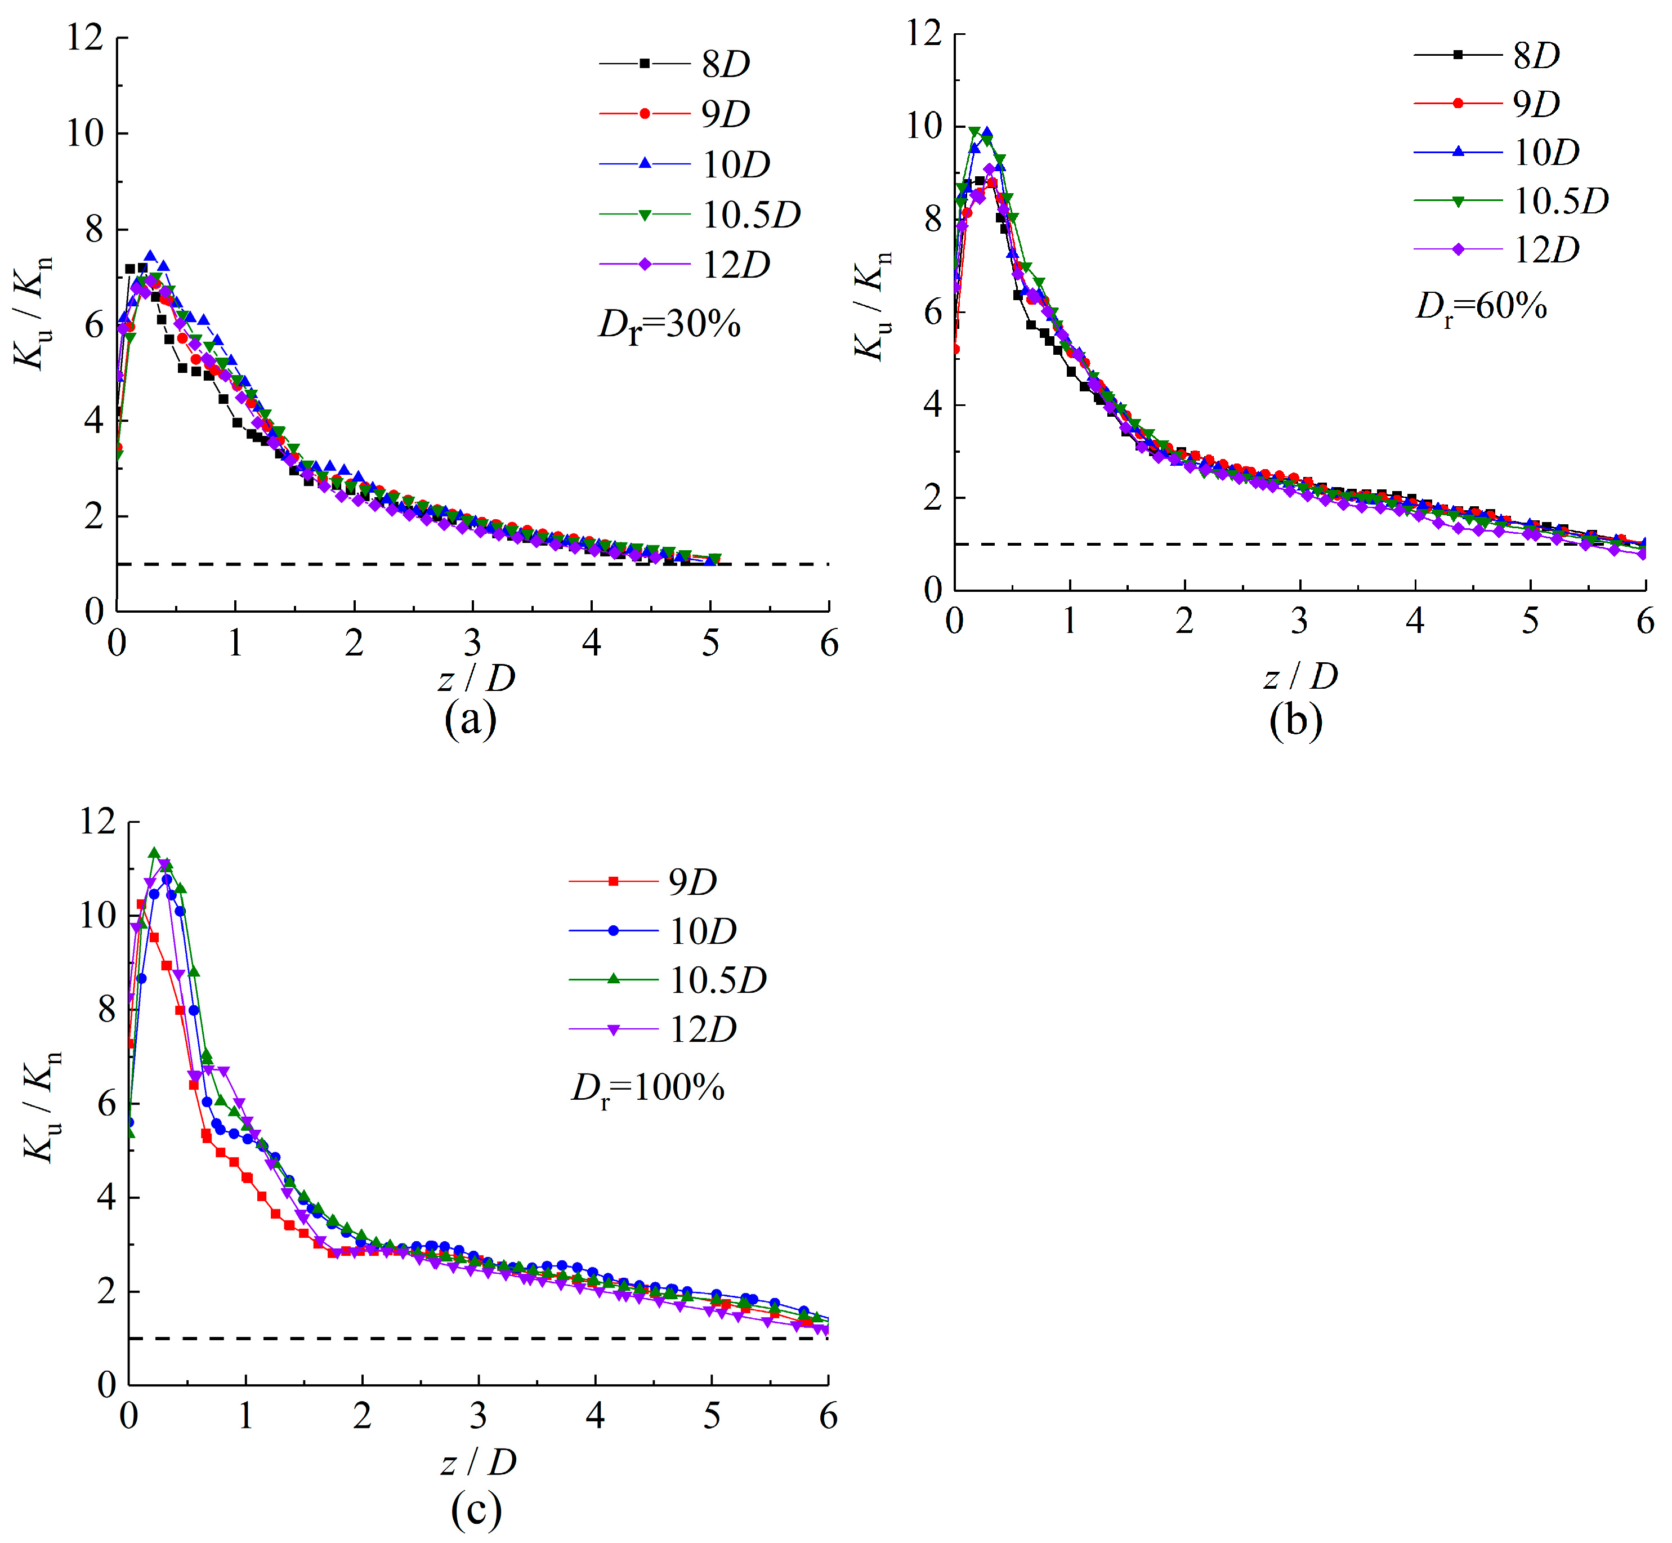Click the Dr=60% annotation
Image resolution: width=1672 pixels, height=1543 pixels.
[1481, 307]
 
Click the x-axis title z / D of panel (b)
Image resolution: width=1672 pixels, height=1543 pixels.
[1300, 676]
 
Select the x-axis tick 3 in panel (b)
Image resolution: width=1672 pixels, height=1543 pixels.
[1299, 621]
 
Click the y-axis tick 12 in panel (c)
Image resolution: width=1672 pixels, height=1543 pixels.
[97, 822]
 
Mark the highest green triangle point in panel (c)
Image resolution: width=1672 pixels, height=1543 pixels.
[154, 853]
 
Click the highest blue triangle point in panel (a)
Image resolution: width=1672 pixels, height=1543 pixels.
[150, 256]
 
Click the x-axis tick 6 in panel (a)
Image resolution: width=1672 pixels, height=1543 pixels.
[829, 644]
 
